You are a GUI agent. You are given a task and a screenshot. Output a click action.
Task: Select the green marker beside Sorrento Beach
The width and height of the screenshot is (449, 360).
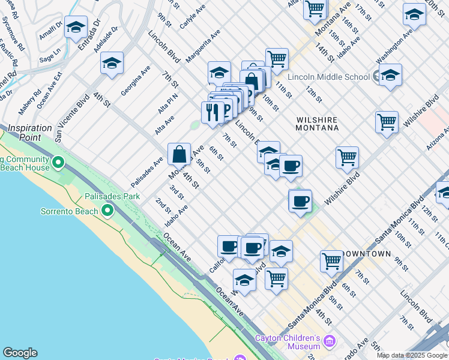tap(107, 210)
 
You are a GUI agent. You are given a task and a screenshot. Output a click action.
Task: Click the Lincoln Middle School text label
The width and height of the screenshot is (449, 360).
tap(328, 77)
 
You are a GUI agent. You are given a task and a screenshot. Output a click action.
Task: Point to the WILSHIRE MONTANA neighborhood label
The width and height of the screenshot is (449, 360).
tap(318, 124)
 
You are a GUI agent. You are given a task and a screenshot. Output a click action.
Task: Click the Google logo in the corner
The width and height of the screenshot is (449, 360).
tap(20, 353)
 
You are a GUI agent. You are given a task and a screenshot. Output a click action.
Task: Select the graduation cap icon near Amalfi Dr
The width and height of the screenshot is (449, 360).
tap(76, 27)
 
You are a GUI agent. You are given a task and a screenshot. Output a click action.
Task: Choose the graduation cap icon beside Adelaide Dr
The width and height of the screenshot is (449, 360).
tap(112, 63)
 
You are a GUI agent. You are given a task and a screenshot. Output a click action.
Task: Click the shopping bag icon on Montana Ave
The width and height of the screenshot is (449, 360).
tap(179, 154)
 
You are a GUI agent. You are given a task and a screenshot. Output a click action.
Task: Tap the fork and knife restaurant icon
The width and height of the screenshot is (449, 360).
tap(212, 112)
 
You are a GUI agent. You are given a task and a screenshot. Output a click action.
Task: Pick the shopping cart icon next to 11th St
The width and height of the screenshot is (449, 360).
tap(277, 59)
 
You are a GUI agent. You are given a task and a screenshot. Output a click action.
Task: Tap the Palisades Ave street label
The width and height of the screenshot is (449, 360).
tap(147, 171)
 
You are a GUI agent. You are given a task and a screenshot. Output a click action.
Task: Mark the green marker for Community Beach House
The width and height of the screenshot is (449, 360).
tap(58, 162)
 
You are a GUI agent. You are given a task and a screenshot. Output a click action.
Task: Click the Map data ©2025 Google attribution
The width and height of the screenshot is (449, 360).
tap(412, 355)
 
